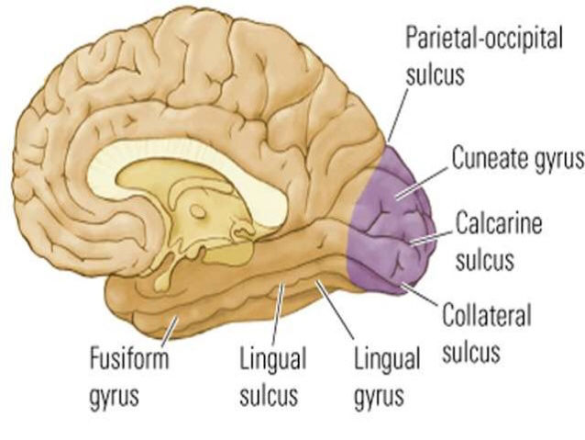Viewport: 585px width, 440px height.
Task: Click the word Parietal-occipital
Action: coord(484,39)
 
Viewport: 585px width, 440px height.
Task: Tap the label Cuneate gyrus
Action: coord(518,159)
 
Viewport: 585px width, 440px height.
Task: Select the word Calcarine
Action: coord(499,222)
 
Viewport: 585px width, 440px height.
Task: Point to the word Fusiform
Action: coord(129,357)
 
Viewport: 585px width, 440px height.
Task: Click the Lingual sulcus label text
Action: coord(272,376)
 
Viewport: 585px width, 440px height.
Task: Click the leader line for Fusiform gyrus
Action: coord(170,328)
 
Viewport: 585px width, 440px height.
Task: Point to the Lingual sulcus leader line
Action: coord(277,313)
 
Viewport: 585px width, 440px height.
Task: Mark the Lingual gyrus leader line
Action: coord(335,310)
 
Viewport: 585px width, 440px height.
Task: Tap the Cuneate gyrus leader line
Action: coord(422,183)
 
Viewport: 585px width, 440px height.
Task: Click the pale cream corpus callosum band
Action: coord(186,161)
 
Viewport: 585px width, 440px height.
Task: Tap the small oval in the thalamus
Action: coord(198,212)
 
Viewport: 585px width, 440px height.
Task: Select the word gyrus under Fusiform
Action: coord(115,396)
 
